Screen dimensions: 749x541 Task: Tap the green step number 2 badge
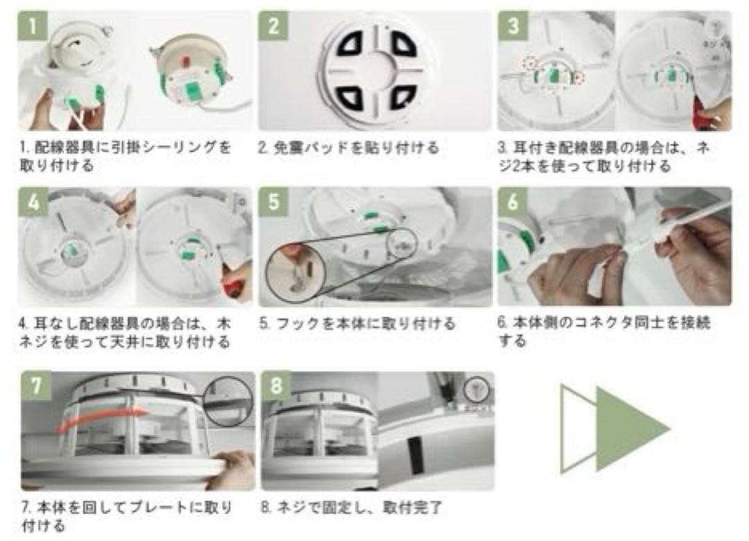(x=273, y=26)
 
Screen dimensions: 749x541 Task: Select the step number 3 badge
(x=513, y=26)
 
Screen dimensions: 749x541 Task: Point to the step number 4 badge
(x=33, y=202)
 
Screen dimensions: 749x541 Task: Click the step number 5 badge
(x=274, y=202)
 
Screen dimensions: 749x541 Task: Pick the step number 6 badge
(x=513, y=202)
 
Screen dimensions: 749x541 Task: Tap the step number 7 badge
(x=36, y=386)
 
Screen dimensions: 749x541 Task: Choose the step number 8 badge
(x=277, y=386)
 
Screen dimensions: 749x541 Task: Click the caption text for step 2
(x=349, y=148)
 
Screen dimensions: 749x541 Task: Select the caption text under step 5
(x=357, y=323)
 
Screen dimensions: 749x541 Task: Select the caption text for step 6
(x=605, y=332)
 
